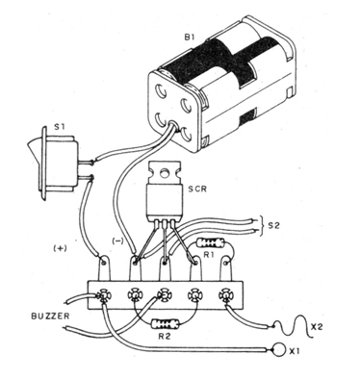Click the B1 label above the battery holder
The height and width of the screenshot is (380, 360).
tap(189, 37)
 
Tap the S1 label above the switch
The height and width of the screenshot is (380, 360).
tap(59, 127)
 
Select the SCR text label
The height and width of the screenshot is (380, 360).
tap(197, 189)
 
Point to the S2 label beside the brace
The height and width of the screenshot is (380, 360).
tap(273, 226)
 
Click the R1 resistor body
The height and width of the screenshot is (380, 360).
tap(211, 242)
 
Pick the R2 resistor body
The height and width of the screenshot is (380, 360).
tap(165, 324)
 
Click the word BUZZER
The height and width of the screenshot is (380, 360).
tap(50, 317)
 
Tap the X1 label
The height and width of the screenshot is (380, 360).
tap(296, 352)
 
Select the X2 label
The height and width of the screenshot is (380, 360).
tap(317, 327)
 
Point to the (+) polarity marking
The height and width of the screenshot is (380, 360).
tap(60, 248)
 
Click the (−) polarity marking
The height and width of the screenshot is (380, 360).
tap(117, 241)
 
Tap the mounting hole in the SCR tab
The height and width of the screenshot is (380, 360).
tap(165, 173)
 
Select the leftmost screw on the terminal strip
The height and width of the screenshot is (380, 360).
tap(103, 294)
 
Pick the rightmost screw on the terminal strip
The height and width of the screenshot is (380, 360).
tap(224, 294)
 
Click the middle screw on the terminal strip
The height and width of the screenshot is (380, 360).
tap(164, 294)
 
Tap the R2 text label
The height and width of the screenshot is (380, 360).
tap(166, 337)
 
